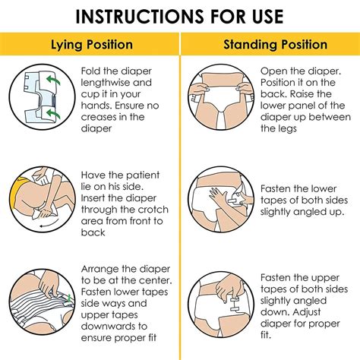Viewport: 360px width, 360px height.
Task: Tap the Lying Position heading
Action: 92,45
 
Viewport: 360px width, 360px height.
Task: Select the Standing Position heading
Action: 275,45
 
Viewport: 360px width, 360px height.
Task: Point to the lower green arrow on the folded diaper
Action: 53,113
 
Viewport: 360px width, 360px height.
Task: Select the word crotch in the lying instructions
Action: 153,210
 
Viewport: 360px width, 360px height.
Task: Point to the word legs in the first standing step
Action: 287,129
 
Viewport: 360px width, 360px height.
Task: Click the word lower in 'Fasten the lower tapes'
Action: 324,188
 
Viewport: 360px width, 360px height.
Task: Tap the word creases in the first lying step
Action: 97,117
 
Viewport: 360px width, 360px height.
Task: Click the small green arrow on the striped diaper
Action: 68,298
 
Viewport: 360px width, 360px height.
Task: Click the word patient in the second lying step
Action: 143,175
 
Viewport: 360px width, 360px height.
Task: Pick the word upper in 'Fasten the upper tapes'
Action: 325,278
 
